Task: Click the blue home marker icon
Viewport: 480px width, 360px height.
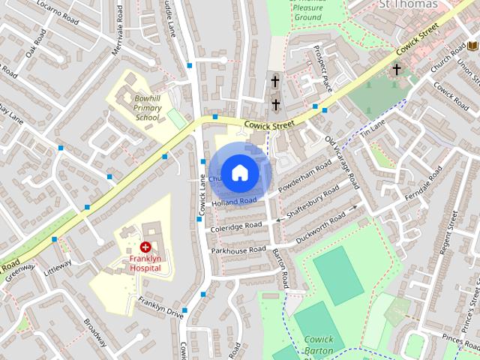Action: [x=239, y=172]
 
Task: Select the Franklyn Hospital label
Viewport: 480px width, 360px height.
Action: [x=145, y=262]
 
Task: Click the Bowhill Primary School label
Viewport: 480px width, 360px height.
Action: [x=147, y=107]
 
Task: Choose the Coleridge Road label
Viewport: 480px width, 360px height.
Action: [x=235, y=226]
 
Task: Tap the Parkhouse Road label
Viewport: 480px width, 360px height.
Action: [x=238, y=250]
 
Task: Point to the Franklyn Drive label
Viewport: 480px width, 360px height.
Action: [x=160, y=307]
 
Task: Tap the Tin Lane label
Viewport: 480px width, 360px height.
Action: [x=372, y=127]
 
